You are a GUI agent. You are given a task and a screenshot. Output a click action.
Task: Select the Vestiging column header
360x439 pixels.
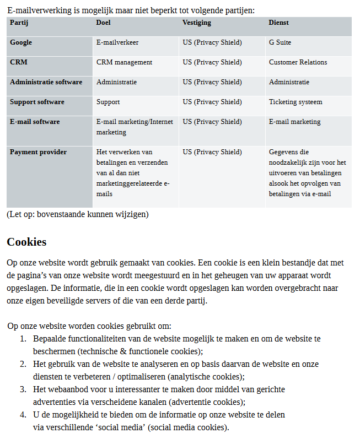click(197, 23)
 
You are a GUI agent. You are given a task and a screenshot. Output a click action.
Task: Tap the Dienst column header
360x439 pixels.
click(278, 23)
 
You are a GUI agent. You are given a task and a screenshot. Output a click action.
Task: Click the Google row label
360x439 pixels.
click(21, 42)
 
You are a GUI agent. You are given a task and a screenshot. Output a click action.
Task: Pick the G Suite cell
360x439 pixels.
click(280, 42)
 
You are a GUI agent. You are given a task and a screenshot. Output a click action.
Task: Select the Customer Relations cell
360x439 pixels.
click(298, 62)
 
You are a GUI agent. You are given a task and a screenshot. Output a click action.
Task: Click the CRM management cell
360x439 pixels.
click(124, 62)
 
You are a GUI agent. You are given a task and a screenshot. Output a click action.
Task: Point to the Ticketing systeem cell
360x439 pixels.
click(295, 102)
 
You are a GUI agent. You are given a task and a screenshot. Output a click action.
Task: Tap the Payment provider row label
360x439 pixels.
click(38, 152)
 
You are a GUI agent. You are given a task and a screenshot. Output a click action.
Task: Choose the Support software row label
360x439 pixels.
click(37, 102)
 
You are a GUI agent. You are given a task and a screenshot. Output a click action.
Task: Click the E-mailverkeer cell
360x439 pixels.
click(117, 42)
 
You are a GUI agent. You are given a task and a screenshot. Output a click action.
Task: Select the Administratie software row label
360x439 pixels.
click(46, 82)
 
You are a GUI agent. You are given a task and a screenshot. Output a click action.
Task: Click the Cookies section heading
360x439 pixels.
click(26, 242)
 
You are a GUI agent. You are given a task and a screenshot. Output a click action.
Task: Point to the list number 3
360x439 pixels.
click(23, 389)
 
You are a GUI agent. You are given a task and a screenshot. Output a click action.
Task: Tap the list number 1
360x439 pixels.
click(23, 339)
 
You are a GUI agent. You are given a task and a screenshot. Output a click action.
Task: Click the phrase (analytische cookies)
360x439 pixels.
click(206, 377)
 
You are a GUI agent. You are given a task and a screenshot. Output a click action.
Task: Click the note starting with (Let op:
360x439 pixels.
click(78, 214)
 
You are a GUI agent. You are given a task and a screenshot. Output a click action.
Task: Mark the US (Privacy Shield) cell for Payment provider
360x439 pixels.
click(212, 152)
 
